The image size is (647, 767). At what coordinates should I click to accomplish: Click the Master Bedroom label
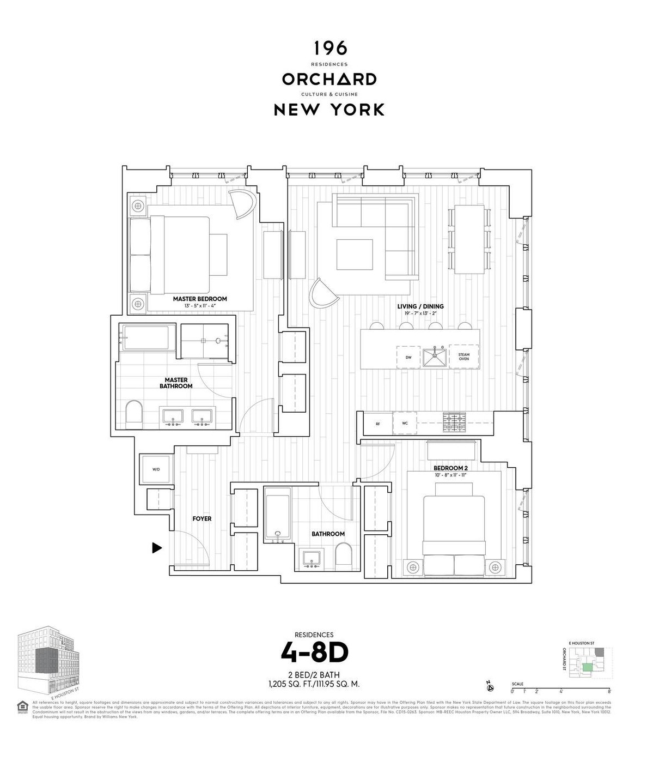pos(200,299)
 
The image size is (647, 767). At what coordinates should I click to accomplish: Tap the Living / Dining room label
pos(420,306)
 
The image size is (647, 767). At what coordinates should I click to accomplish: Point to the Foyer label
pos(202,518)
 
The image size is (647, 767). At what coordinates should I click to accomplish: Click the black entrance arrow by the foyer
pos(157,548)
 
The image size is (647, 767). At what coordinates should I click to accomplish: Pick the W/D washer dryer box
pos(156,469)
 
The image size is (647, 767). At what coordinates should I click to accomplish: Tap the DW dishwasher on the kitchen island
pos(408,357)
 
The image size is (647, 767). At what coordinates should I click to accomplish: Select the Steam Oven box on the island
pos(463,357)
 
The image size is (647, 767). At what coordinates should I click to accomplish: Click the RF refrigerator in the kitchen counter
pos(377,424)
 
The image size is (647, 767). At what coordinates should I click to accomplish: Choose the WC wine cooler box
pos(405,424)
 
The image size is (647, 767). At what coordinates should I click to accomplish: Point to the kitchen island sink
pos(435,358)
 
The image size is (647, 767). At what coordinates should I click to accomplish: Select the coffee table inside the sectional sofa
pos(355,255)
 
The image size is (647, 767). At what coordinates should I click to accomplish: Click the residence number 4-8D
pos(314,651)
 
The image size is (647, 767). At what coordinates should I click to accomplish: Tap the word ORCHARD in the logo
pos(329,79)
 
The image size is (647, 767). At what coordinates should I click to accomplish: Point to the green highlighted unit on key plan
pos(587,667)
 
